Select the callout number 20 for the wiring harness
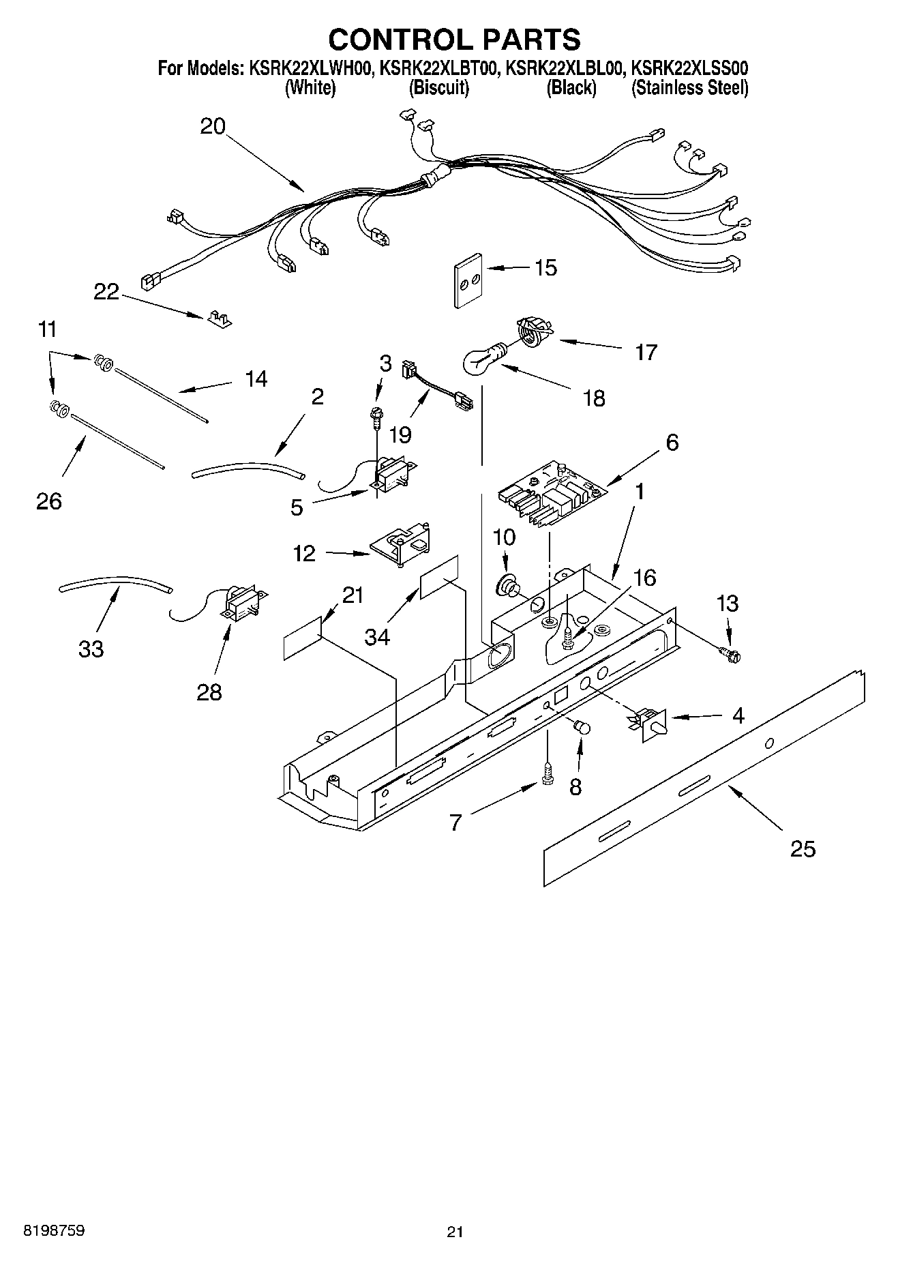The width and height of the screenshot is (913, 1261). pos(213,126)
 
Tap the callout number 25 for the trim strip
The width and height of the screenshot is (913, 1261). pos(803,849)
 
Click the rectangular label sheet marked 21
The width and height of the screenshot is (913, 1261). pos(301,638)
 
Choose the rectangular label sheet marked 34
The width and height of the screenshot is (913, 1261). pos(439,576)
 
